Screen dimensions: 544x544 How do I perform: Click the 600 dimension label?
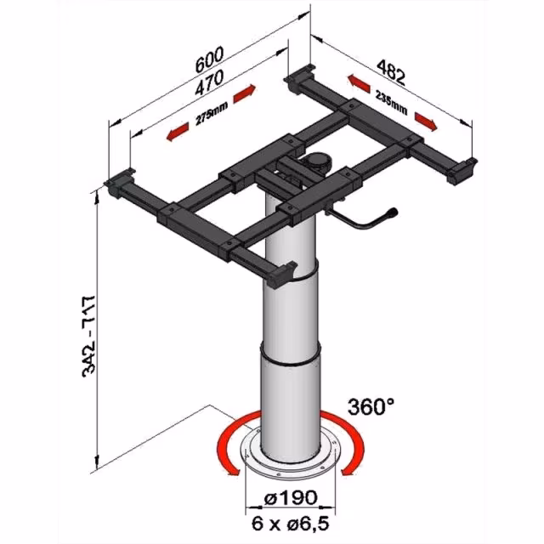coord(209,59)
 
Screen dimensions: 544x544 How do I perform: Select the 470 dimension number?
coord(209,83)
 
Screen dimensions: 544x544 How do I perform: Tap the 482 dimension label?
coord(391,72)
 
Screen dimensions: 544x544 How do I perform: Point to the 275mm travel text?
coord(212,113)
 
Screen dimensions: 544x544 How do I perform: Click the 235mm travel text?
coord(391,102)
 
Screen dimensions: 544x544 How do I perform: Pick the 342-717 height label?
coord(88,337)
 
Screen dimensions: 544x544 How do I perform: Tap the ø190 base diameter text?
coord(291,497)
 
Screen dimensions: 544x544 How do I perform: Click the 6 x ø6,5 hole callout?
coord(291,524)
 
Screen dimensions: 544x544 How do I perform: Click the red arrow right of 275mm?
coord(245,93)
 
